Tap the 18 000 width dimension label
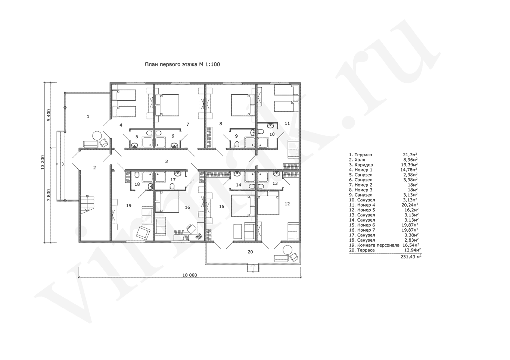[x=190, y=275]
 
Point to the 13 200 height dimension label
[x=43, y=162]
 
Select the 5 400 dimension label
[x=49, y=115]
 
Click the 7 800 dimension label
[x=49, y=195]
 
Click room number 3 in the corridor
[x=167, y=161]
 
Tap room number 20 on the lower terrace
[x=250, y=252]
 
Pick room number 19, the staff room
[x=129, y=206]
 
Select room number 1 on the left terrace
[x=88, y=116]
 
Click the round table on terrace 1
[x=97, y=136]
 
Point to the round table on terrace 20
[x=287, y=250]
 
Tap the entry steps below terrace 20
[x=253, y=268]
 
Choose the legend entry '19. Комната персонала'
[x=374, y=245]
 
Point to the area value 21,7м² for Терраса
[x=410, y=154]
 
